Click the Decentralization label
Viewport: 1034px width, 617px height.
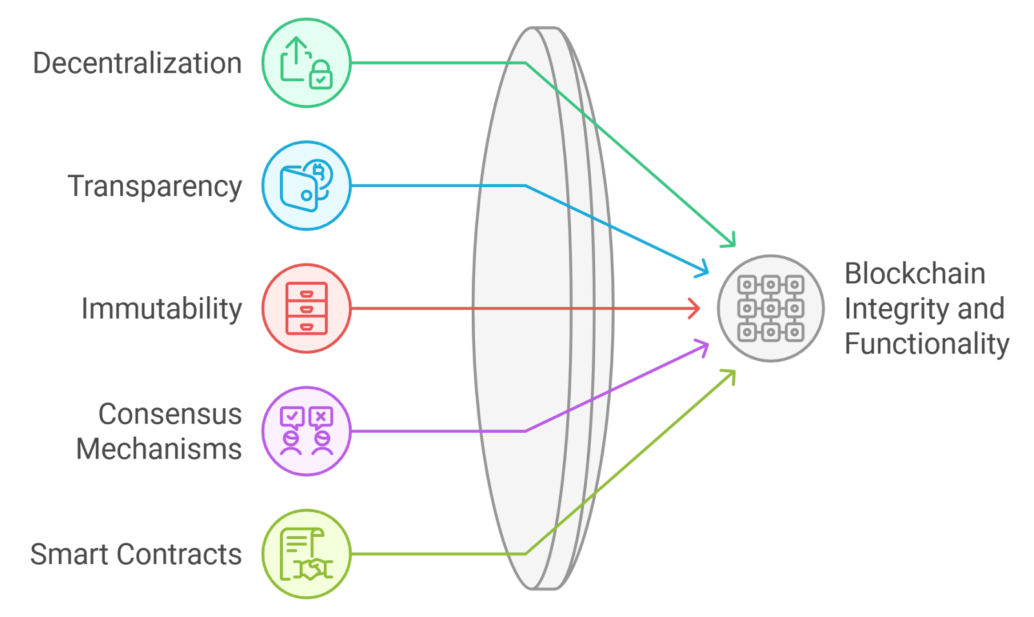137,63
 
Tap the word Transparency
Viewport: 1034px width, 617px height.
155,186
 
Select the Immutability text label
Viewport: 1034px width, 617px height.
162,308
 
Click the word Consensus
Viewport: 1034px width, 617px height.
170,414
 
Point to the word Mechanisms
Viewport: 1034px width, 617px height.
159,449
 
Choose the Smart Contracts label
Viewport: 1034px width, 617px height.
136,554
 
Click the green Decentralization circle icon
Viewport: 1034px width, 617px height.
306,63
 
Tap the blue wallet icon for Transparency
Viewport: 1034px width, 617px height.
306,186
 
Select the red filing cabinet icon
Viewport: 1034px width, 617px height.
306,308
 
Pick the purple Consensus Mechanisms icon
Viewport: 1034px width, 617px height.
306,431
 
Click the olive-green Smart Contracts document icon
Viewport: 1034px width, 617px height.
306,554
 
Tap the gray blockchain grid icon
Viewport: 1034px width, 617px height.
771,308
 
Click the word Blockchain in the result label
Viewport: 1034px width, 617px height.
914,274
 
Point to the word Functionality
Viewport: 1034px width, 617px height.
927,343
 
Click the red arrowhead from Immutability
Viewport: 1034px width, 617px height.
696,308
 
